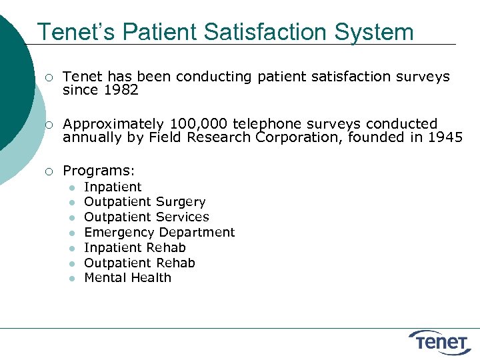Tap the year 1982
pos(121,90)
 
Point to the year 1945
pos(445,138)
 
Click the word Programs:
pos(99,171)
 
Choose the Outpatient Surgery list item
pos(145,202)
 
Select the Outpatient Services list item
pos(146,217)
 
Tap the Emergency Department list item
pos(159,233)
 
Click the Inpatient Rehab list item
pos(135,248)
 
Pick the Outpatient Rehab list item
pos(139,263)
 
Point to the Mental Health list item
pos(127,278)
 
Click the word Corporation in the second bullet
pos(297,138)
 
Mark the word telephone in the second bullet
pos(261,124)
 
